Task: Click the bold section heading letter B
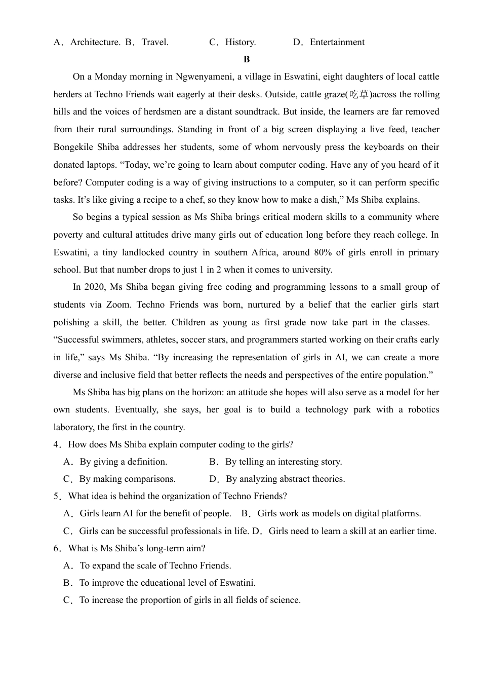247,59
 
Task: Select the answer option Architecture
95,42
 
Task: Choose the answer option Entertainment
337,42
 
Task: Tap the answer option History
240,42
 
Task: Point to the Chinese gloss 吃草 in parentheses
359,94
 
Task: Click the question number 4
57,444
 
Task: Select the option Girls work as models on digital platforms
339,513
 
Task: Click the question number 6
57,548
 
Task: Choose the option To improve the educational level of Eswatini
167,583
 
